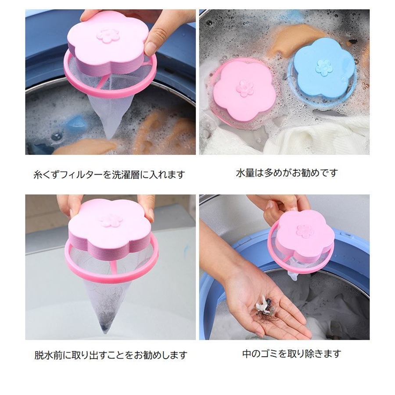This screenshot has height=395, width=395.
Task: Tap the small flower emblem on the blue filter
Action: click(x=323, y=67)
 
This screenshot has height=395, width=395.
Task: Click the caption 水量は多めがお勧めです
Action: click(x=287, y=173)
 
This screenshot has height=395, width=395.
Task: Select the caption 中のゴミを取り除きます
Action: click(x=291, y=353)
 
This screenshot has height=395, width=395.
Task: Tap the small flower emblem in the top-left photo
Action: click(x=108, y=36)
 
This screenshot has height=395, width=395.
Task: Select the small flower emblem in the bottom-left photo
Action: click(x=111, y=220)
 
